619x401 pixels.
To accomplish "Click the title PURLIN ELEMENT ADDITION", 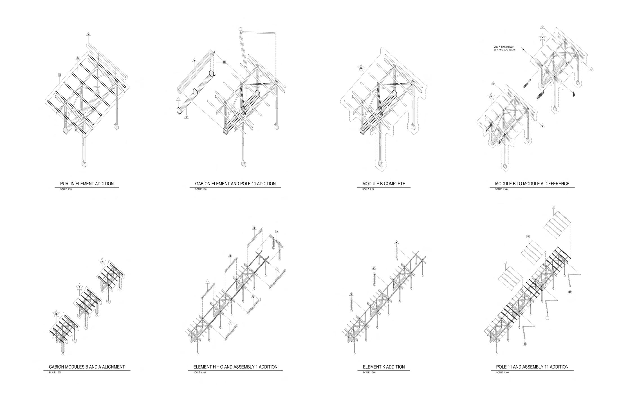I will (87, 184).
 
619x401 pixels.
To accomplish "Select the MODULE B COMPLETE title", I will (383, 184).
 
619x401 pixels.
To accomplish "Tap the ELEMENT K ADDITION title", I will (383, 367).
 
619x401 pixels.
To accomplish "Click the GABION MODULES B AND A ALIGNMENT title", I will (87, 367).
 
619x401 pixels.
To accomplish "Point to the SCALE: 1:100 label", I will (501, 189).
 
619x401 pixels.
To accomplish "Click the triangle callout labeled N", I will (88, 35).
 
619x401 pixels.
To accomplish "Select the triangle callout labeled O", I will (78, 59).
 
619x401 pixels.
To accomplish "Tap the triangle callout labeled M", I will (194, 61).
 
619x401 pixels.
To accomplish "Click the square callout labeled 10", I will (224, 62).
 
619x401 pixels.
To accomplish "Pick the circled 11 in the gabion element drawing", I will (240, 29).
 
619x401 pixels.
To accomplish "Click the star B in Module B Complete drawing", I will (360, 68).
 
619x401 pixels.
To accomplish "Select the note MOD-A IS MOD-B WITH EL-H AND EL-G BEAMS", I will (504, 48).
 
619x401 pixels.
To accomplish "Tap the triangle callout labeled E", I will (493, 84).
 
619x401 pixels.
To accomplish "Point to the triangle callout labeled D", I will (542, 126).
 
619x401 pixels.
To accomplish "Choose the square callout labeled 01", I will (277, 232).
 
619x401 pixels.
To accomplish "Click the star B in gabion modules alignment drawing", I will (56, 314).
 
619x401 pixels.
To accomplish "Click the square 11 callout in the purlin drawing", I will (60, 75).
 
